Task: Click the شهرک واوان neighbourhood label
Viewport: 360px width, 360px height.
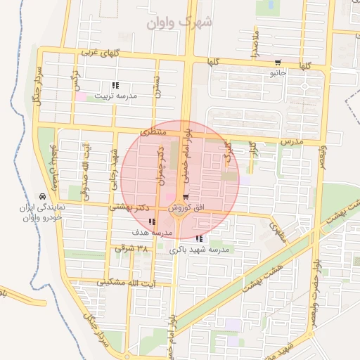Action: pyautogui.click(x=180, y=22)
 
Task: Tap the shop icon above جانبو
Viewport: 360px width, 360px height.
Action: pyautogui.click(x=278, y=63)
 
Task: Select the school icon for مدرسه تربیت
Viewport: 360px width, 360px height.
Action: pyautogui.click(x=115, y=86)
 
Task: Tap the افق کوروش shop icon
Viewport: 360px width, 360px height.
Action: pyautogui.click(x=186, y=198)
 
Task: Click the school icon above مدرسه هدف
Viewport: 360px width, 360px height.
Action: pyautogui.click(x=153, y=222)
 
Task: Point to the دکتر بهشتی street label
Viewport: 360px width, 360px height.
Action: pyautogui.click(x=131, y=207)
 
